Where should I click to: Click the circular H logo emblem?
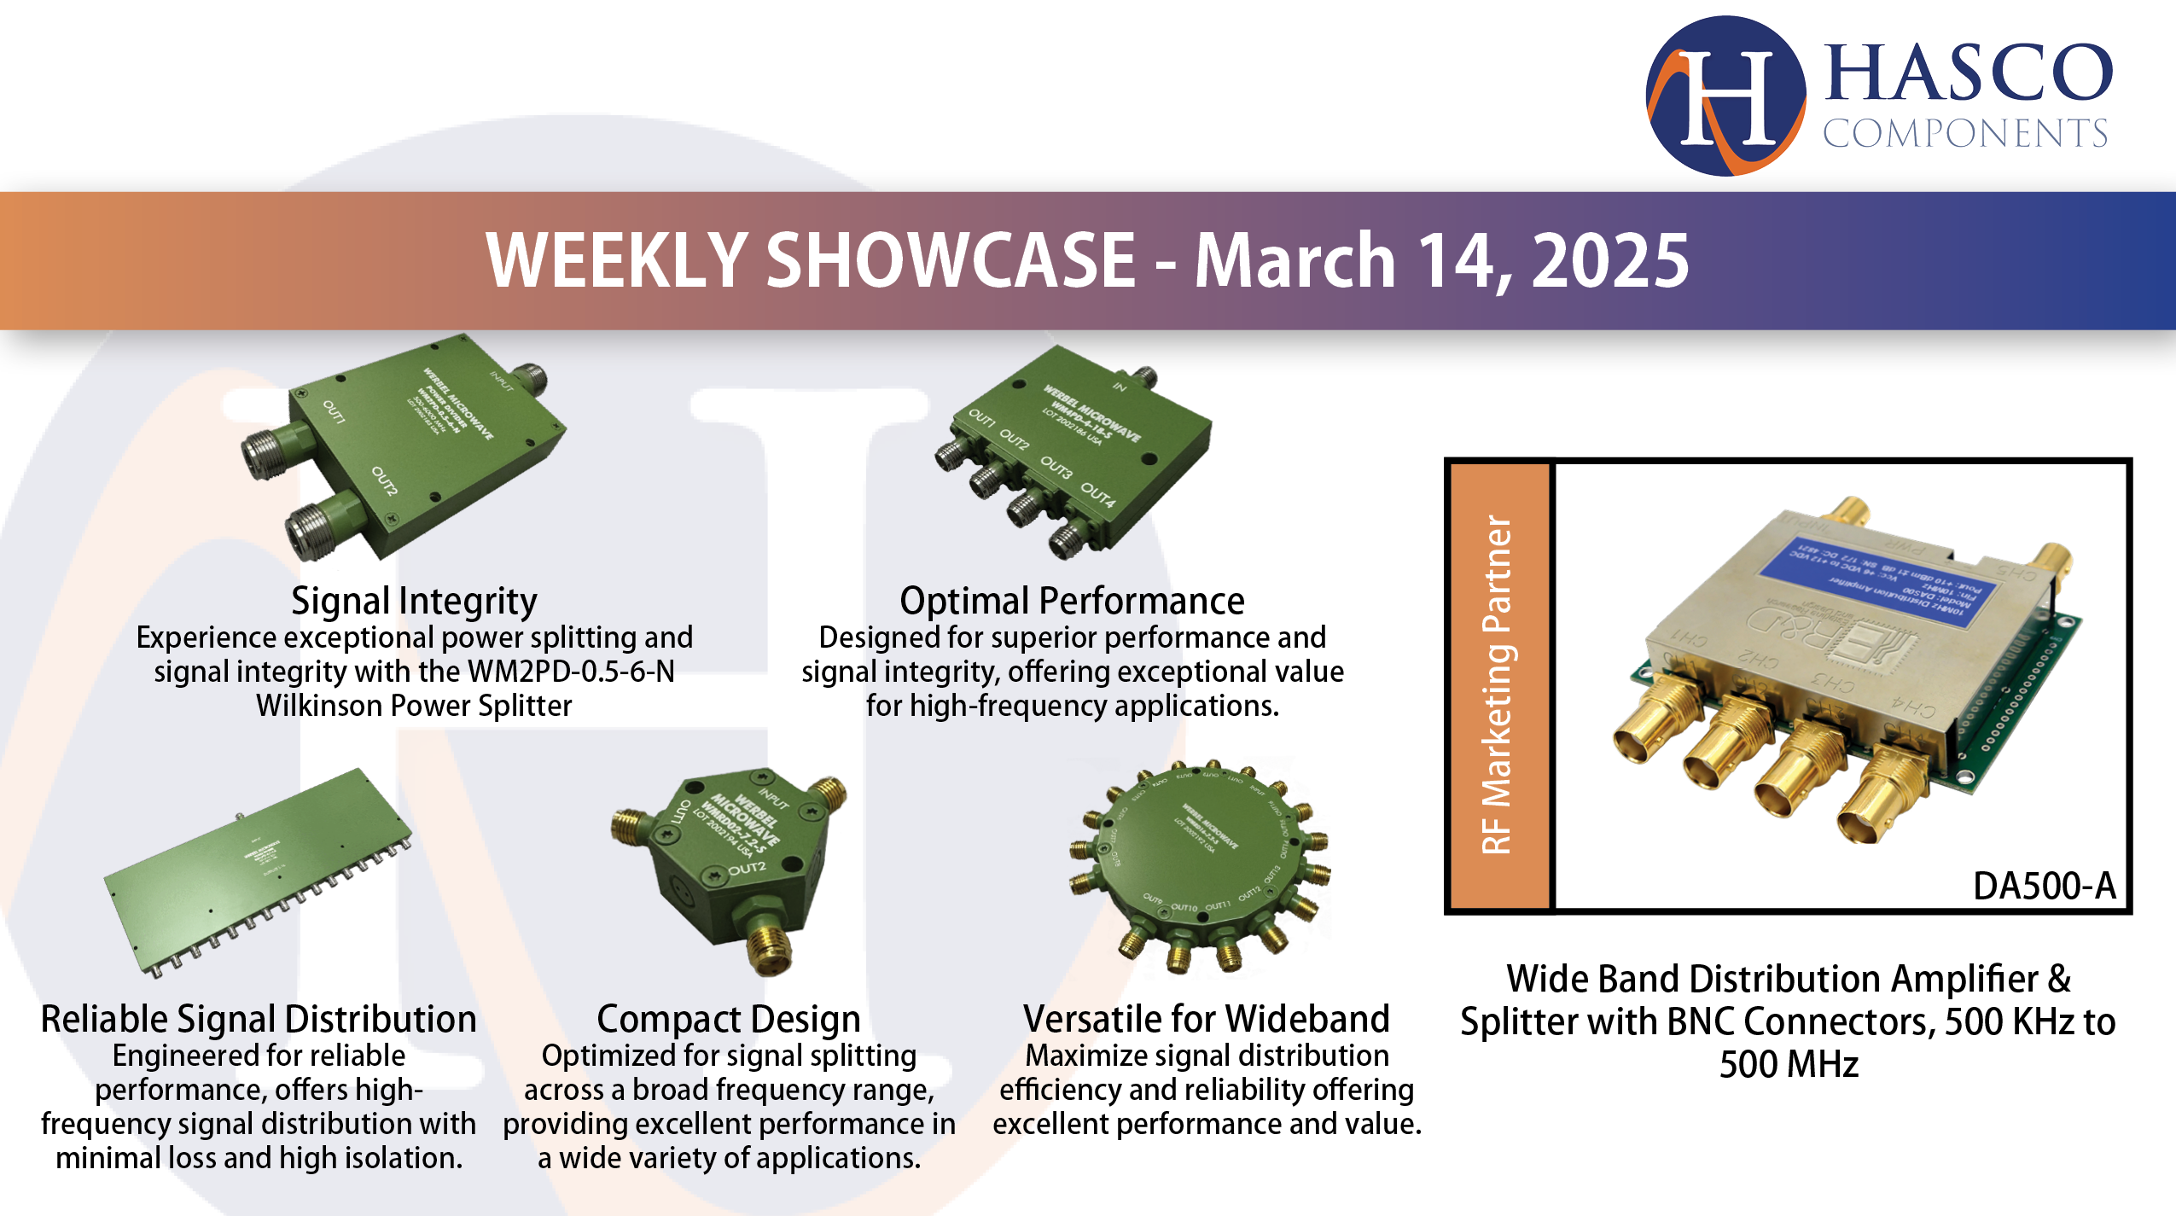[1725, 96]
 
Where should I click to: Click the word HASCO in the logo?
[1968, 73]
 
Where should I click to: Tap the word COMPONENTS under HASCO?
[1964, 134]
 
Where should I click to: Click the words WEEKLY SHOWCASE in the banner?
[811, 261]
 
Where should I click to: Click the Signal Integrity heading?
[414, 602]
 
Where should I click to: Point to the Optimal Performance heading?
[1072, 602]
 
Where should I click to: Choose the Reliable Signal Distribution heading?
[259, 1020]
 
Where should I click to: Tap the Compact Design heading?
[728, 1020]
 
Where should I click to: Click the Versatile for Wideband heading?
[1206, 1020]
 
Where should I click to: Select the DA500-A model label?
[2044, 887]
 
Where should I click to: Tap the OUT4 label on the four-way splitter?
[1097, 494]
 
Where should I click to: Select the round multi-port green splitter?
[1199, 862]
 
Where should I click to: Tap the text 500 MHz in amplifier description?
[1789, 1065]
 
